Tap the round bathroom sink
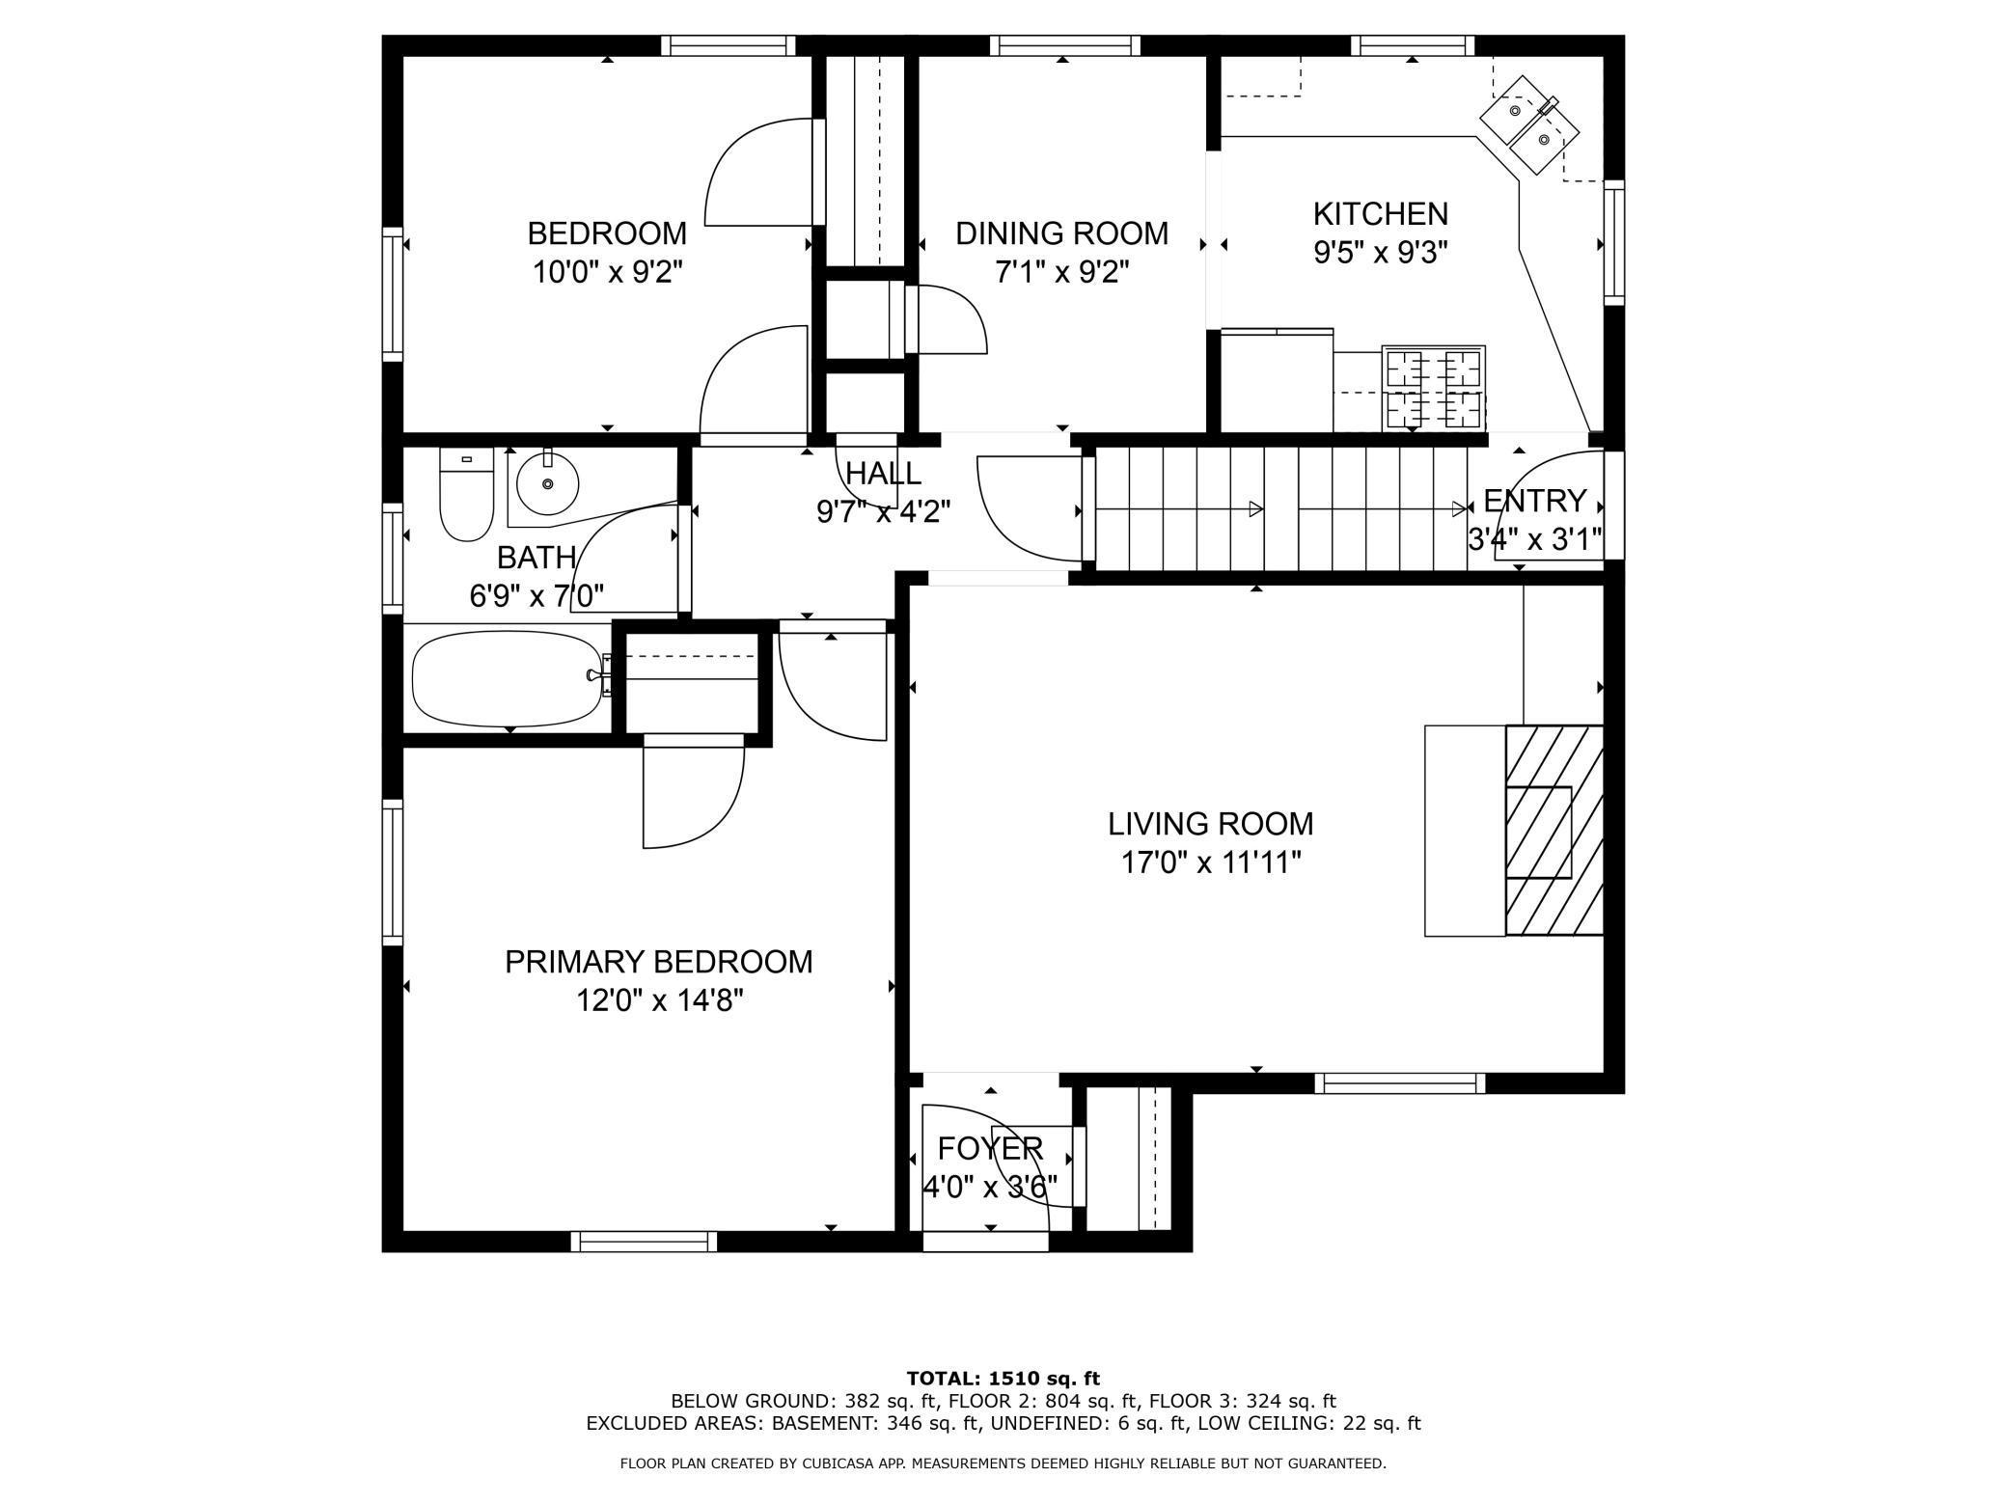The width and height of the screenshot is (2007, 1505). pyautogui.click(x=547, y=483)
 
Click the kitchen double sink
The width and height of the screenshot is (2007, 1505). pyautogui.click(x=1529, y=125)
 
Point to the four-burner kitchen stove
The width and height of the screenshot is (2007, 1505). pyautogui.click(x=1433, y=388)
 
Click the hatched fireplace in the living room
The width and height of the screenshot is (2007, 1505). pyautogui.click(x=1553, y=831)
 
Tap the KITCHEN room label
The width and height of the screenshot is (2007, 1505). pyautogui.click(x=1380, y=213)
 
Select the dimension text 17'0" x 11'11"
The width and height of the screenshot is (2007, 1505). pyautogui.click(x=1210, y=862)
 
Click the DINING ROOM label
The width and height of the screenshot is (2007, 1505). pyautogui.click(x=1061, y=233)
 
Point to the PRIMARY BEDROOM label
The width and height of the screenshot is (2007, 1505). pyautogui.click(x=658, y=962)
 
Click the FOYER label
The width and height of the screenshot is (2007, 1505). pyautogui.click(x=990, y=1148)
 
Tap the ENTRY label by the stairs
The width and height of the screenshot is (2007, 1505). pyautogui.click(x=1534, y=501)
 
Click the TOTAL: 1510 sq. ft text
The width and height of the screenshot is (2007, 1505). pyautogui.click(x=1003, y=1379)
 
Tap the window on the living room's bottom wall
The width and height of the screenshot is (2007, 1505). pyautogui.click(x=1399, y=1083)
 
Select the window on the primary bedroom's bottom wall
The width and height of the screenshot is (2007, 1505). pyautogui.click(x=644, y=1242)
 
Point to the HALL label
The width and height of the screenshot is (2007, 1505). pyautogui.click(x=883, y=473)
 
